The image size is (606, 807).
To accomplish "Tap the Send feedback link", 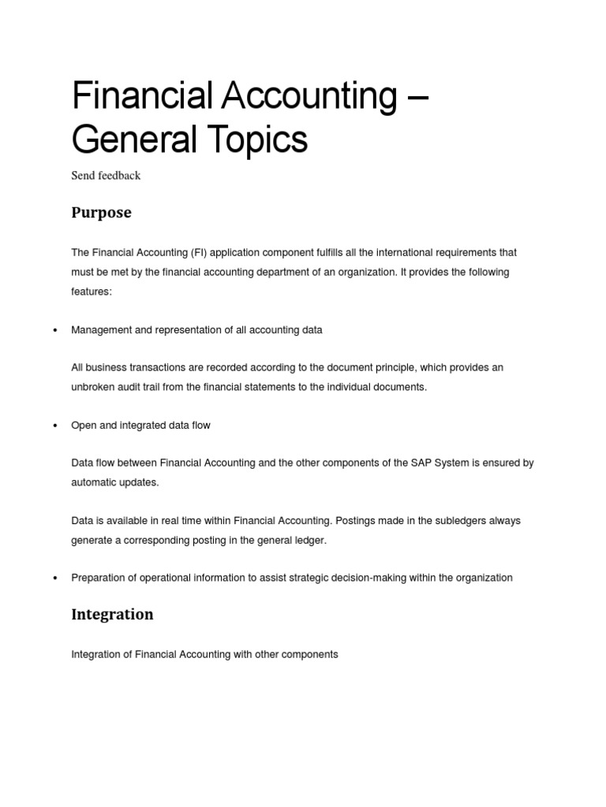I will [x=106, y=176].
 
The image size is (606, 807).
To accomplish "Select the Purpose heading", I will [x=101, y=213].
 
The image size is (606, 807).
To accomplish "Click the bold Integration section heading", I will [x=112, y=614].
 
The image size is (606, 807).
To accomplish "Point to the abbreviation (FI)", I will [x=200, y=253].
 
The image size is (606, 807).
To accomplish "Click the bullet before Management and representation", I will [x=54, y=331].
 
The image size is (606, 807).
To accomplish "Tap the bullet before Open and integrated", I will [x=54, y=426].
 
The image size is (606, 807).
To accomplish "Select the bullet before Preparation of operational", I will [x=54, y=578].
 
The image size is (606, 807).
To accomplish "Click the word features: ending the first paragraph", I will [x=92, y=291].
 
